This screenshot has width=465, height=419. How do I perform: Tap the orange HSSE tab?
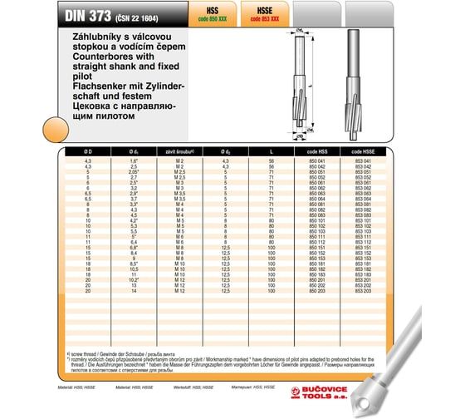coord(272,10)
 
